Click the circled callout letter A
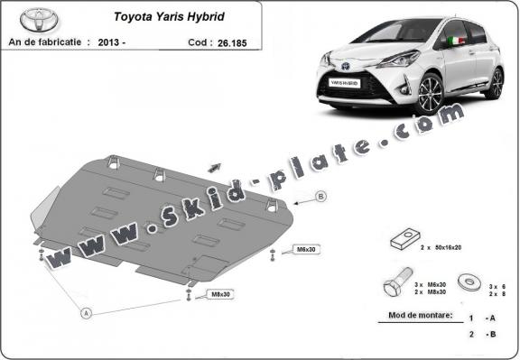pos(87,314)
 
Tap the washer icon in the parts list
pos(469,282)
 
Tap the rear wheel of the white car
pos(494,82)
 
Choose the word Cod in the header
pos(201,42)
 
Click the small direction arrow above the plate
pos(216,165)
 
